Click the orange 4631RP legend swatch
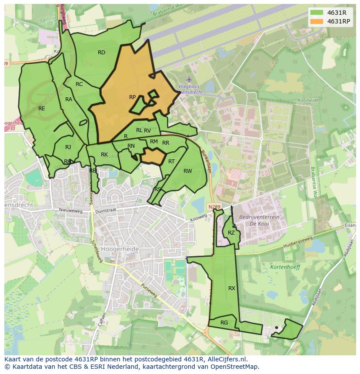[x=317, y=21]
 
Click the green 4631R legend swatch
[x=317, y=13]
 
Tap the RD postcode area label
[x=101, y=53]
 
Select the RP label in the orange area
[x=132, y=97]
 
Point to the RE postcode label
[x=42, y=109]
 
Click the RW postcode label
[x=187, y=171]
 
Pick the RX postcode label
[x=232, y=288]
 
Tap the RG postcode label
[x=224, y=322]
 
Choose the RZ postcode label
[x=231, y=233]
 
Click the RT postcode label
[x=171, y=162]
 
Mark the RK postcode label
[x=104, y=155]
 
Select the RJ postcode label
[x=68, y=147]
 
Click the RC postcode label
[x=79, y=84]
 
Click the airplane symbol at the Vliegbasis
[x=189, y=79]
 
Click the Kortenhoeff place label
[x=285, y=267]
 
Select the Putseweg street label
[x=150, y=291]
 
